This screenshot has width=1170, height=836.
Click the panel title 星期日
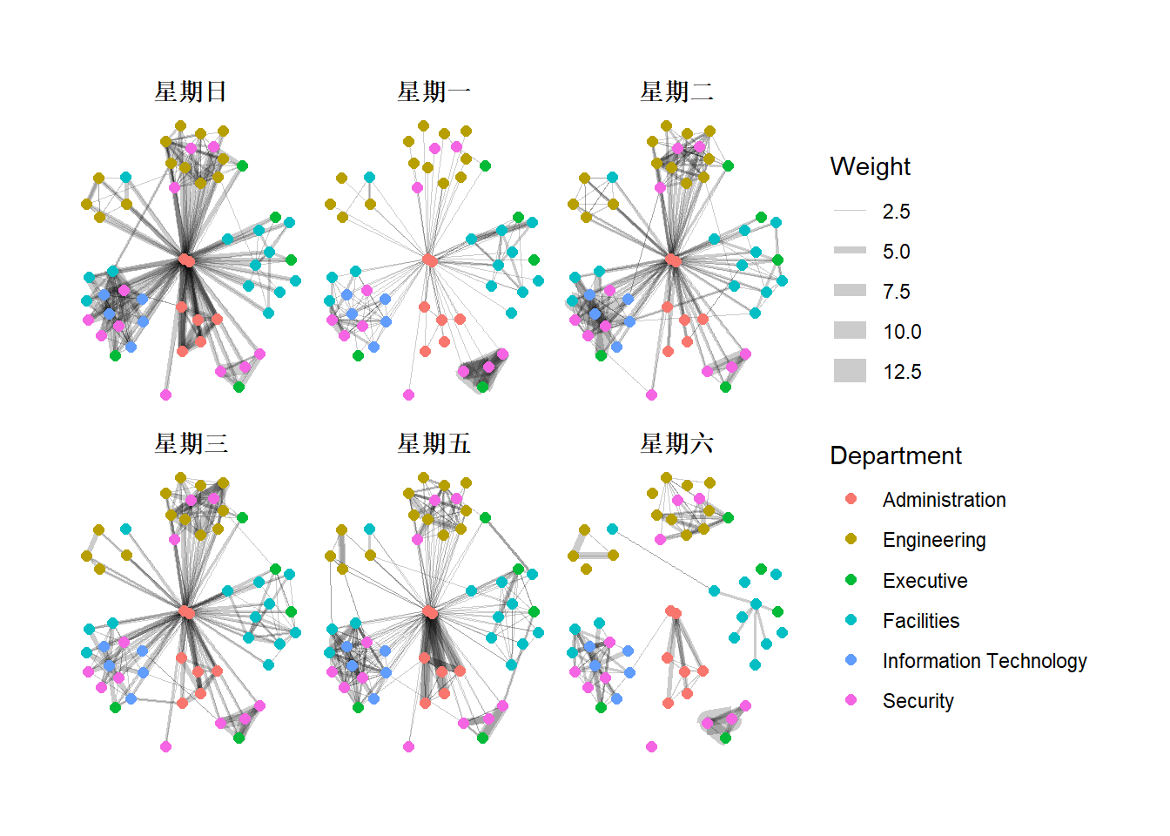(x=191, y=91)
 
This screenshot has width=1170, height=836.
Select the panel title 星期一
(x=434, y=91)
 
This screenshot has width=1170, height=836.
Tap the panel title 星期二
(x=676, y=91)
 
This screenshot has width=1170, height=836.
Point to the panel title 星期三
(x=191, y=443)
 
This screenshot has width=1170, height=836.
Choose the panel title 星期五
(x=434, y=443)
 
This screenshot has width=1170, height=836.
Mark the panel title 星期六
(x=676, y=443)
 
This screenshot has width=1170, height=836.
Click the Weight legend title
(x=870, y=166)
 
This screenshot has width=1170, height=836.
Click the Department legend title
(x=895, y=455)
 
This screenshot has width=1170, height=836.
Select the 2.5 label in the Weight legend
(x=896, y=212)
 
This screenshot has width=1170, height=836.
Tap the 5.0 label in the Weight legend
(x=896, y=252)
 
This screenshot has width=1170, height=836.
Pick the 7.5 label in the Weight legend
(x=896, y=292)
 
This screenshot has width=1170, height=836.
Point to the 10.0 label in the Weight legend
(x=902, y=332)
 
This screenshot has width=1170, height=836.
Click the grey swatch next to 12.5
(x=850, y=371)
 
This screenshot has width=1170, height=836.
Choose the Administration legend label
(x=944, y=500)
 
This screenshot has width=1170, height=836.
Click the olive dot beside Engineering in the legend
(x=851, y=539)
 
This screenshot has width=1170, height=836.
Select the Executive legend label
(x=925, y=581)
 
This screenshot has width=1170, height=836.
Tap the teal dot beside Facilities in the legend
(x=851, y=620)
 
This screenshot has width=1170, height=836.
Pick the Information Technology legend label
(x=984, y=661)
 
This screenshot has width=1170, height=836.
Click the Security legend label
(x=918, y=701)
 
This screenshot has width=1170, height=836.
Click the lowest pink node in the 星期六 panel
(x=651, y=746)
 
